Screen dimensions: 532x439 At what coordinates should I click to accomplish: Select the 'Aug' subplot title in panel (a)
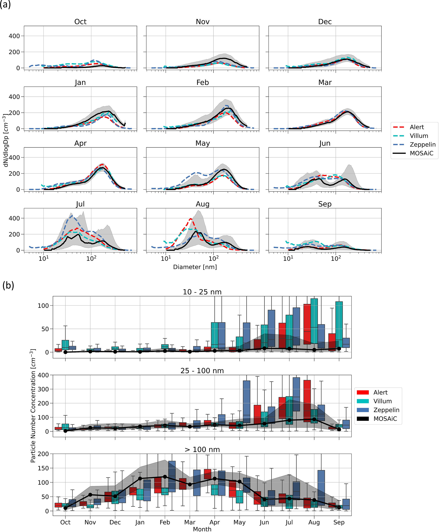click(x=203, y=204)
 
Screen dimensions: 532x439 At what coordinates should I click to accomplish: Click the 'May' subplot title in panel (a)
click(x=203, y=143)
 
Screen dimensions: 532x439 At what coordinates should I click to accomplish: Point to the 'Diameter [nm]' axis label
click(x=195, y=267)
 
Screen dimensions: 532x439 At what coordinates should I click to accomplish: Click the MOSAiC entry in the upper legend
click(x=421, y=153)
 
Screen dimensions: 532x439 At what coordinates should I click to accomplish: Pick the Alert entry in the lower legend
click(x=380, y=393)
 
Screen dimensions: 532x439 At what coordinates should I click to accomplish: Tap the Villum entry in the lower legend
click(x=382, y=401)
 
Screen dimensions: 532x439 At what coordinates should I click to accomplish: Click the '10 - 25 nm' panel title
click(x=202, y=292)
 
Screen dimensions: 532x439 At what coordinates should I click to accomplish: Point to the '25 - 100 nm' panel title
click(x=202, y=371)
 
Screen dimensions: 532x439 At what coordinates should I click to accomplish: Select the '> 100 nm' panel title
click(x=202, y=450)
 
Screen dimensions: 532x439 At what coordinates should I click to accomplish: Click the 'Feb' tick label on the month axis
click(x=165, y=522)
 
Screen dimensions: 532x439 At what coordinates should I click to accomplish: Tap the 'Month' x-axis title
click(x=202, y=529)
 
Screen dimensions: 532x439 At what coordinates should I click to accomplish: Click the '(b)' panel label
click(x=8, y=286)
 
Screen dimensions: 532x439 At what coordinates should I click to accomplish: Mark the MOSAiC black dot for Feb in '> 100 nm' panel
click(x=165, y=477)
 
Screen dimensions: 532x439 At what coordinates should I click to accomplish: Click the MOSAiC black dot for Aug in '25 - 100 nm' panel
click(x=314, y=419)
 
